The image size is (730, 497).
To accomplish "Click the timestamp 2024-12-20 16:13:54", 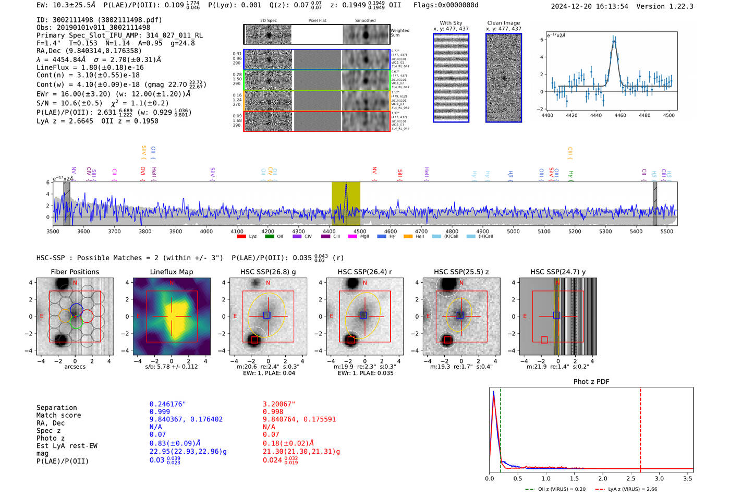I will click(589, 6).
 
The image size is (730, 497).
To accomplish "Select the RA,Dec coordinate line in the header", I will click(89, 51).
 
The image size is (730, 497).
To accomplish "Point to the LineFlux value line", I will click(90, 67).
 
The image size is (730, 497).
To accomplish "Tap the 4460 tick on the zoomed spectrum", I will click(620, 115).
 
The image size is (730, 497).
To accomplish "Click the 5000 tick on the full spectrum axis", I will click(513, 231).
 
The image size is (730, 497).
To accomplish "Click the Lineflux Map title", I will click(171, 272).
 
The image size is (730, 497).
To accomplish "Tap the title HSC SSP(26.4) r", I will click(364, 272).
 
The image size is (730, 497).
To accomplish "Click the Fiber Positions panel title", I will click(75, 272).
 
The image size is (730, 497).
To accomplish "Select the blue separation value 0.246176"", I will click(167, 404).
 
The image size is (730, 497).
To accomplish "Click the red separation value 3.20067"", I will click(279, 404).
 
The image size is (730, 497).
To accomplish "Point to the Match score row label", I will click(58, 415).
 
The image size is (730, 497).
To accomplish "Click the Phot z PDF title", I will click(591, 382).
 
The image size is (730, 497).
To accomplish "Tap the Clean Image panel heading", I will click(503, 23).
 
